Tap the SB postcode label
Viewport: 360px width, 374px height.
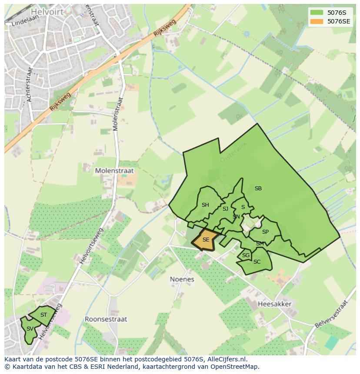click(258, 189)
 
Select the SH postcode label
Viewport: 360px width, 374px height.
click(205, 205)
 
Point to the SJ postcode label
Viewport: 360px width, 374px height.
click(225, 209)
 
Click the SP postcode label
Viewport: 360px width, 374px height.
click(265, 232)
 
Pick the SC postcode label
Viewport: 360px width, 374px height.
click(257, 262)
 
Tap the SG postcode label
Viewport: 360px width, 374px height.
click(246, 255)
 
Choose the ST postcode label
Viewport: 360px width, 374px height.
click(43, 315)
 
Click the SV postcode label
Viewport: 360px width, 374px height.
click(30, 329)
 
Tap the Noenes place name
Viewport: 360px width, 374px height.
click(182, 279)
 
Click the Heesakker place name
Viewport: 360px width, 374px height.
click(274, 304)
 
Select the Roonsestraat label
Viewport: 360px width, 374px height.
click(106, 319)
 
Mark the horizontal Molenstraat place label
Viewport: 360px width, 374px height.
click(114, 171)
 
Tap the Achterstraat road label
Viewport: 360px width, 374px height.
click(30, 85)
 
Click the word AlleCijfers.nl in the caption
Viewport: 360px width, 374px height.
click(226, 360)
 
